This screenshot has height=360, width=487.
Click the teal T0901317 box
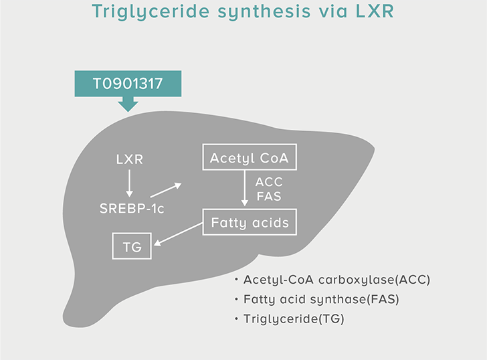(x=128, y=84)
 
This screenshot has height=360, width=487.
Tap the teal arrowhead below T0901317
(x=128, y=104)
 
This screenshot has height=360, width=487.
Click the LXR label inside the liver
(x=130, y=159)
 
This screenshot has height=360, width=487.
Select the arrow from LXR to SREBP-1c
(x=130, y=183)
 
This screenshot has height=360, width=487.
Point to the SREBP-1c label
(x=132, y=208)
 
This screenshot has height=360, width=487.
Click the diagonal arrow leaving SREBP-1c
(x=166, y=190)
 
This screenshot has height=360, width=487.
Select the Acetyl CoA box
(x=250, y=157)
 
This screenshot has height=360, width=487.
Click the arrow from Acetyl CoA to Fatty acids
(x=245, y=188)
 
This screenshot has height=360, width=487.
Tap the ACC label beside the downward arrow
(x=269, y=182)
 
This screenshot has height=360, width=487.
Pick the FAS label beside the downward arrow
(x=269, y=196)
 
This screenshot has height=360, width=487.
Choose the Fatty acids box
(x=250, y=221)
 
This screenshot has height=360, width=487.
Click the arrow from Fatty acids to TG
(x=178, y=234)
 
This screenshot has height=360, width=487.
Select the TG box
(x=132, y=246)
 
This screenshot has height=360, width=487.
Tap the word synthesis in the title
(x=264, y=11)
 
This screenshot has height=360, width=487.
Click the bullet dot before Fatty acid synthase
(x=236, y=299)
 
